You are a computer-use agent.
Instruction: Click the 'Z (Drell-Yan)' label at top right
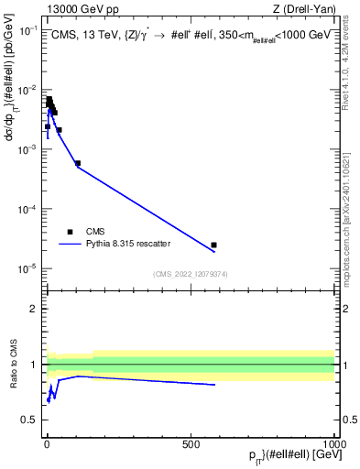[x=301, y=10]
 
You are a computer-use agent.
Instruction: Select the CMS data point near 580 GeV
[x=213, y=245]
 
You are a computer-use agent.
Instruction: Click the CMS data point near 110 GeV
[x=78, y=163]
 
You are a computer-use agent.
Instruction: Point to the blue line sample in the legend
[x=71, y=245]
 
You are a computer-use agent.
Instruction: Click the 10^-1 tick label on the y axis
[x=27, y=30]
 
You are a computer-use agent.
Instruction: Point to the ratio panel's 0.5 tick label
[x=31, y=420]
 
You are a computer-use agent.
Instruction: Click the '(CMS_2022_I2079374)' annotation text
[x=189, y=272]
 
